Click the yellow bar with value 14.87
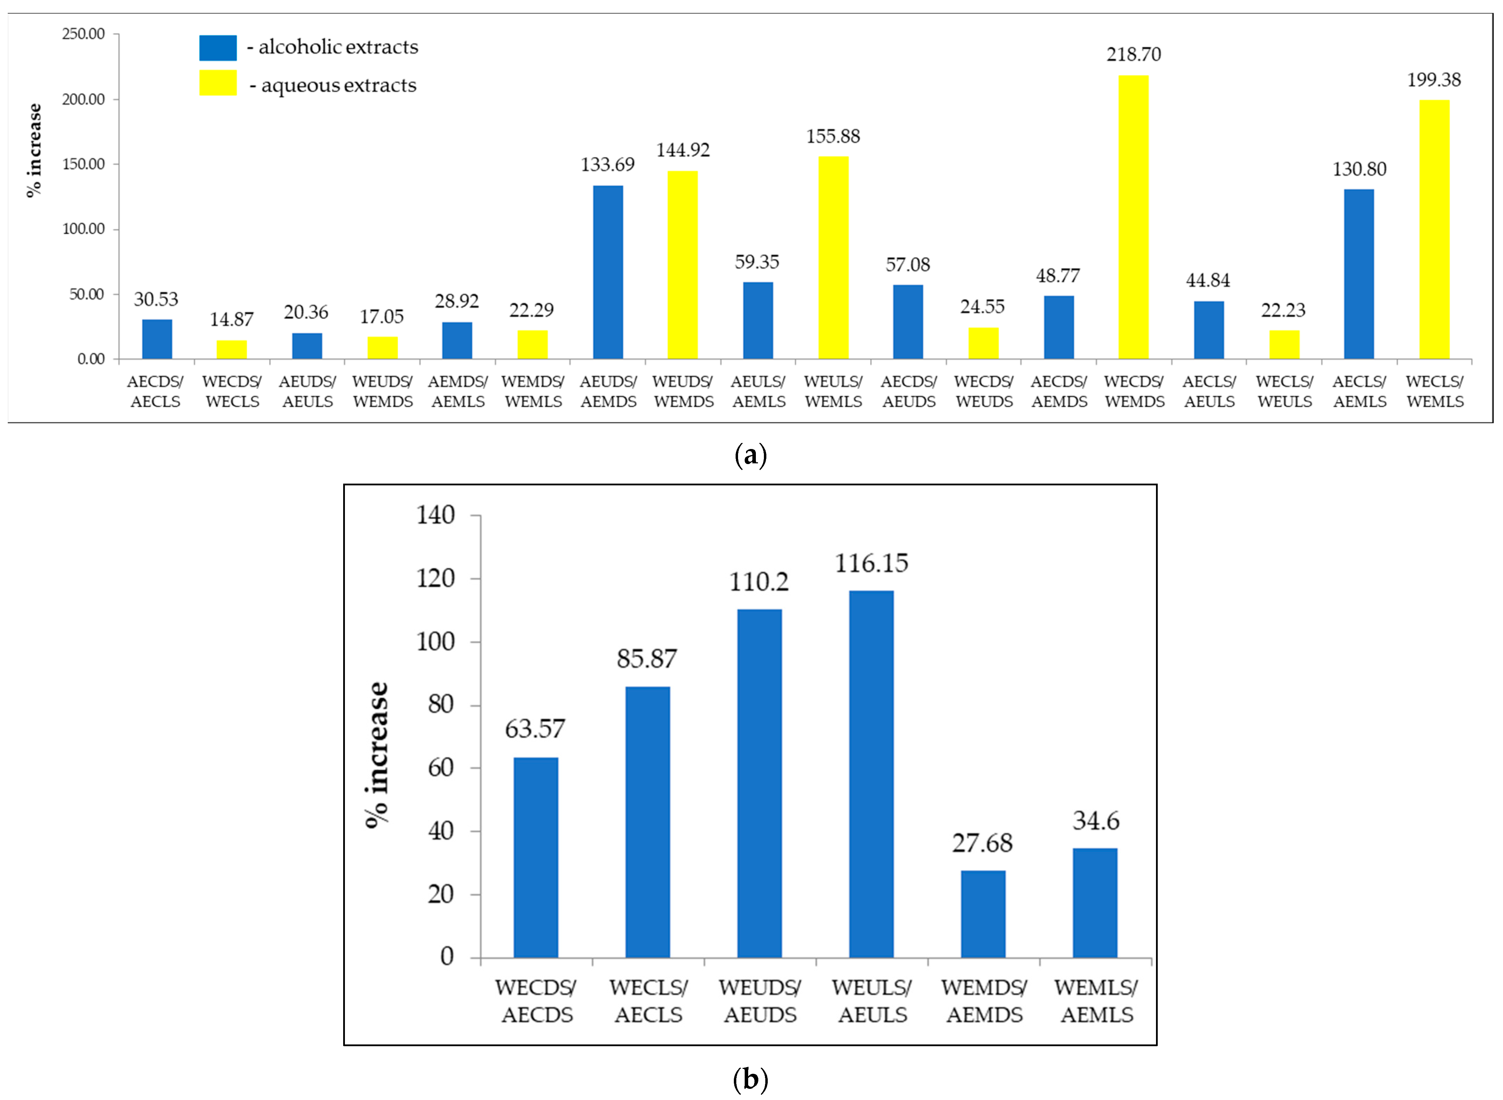[x=232, y=349]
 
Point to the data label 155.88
[x=833, y=137]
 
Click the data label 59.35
[x=757, y=262]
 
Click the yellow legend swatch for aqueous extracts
[x=218, y=83]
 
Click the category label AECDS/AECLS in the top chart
[x=155, y=391]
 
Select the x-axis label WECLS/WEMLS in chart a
[x=1435, y=391]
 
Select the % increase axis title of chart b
[x=377, y=754]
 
